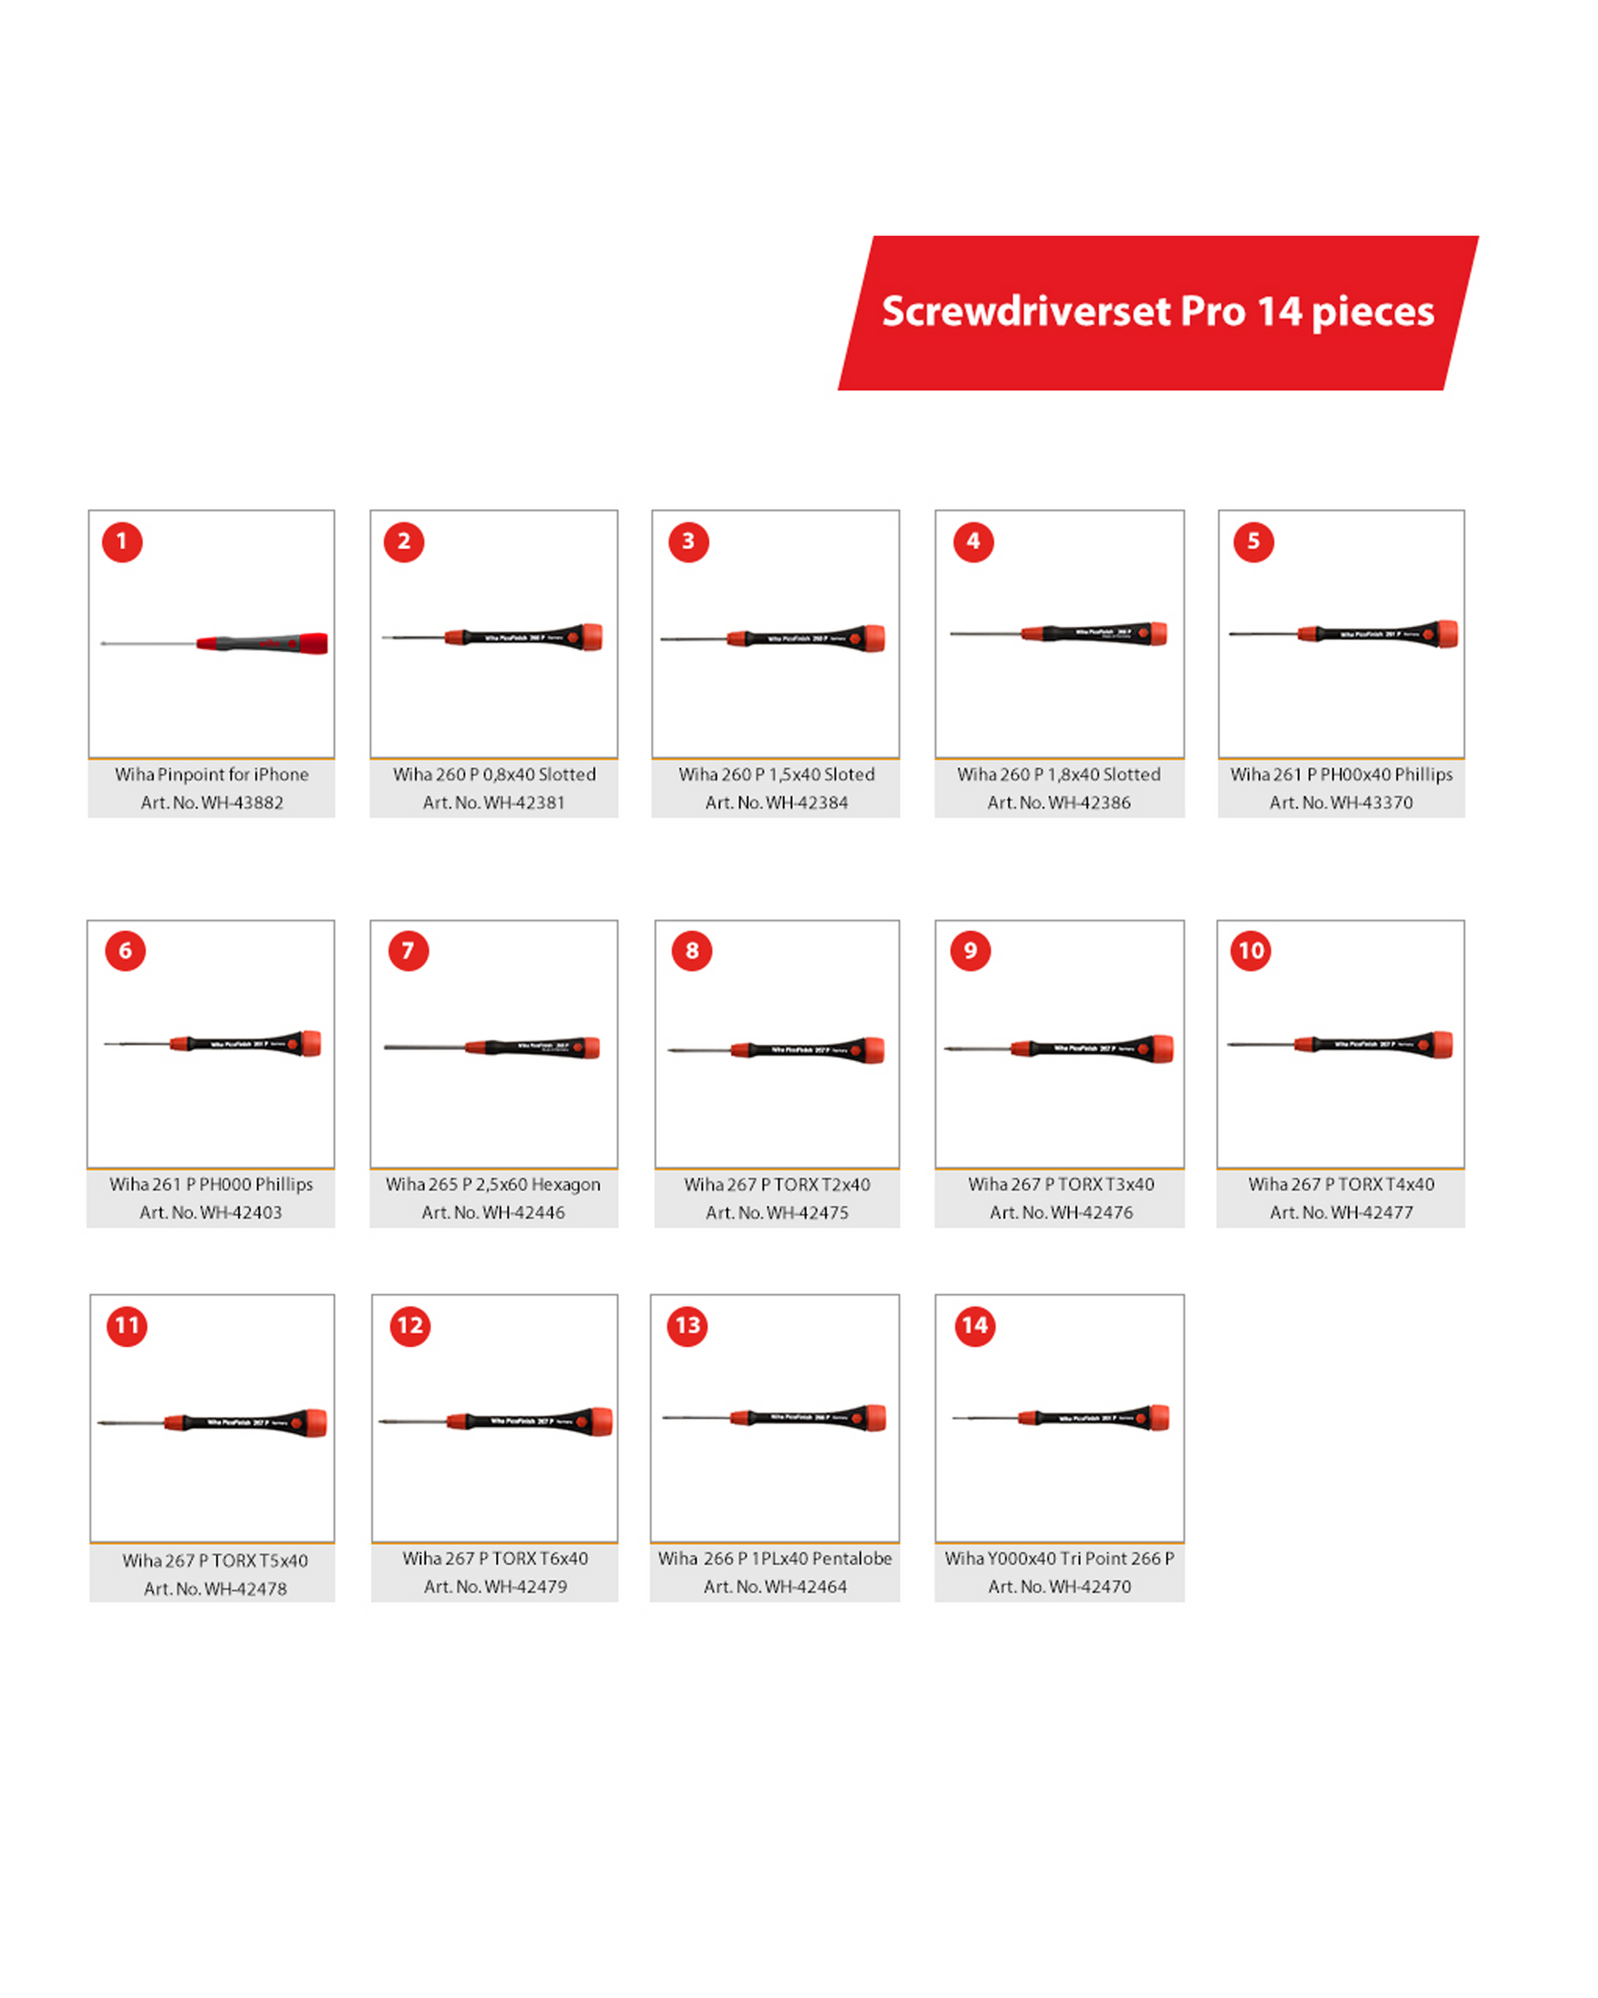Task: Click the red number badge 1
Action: (122, 543)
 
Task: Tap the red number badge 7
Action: (407, 951)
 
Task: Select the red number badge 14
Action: (975, 1325)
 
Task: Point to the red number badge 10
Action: (1251, 951)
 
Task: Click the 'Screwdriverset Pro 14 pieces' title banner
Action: (1157, 313)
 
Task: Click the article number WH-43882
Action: (212, 803)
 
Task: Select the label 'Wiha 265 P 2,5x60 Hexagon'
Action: (493, 1185)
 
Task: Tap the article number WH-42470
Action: (1059, 1587)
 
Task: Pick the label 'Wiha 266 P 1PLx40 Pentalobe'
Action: (774, 1558)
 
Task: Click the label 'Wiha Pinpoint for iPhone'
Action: (212, 774)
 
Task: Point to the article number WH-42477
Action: (1341, 1212)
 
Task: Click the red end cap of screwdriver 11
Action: (315, 1423)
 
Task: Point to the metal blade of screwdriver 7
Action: (424, 1047)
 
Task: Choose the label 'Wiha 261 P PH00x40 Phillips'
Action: (1341, 774)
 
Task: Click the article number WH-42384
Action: (776, 803)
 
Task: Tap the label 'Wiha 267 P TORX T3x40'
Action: (1061, 1185)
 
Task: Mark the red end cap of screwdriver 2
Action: (590, 637)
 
